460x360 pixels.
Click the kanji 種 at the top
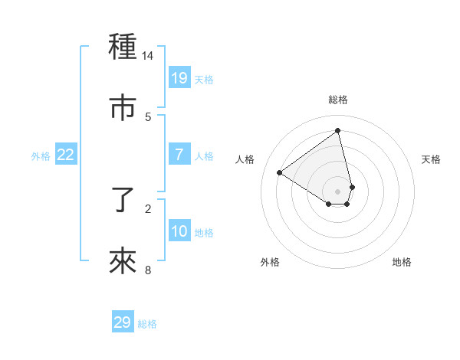click(123, 47)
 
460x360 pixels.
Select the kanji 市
click(123, 108)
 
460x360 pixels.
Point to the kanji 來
click(123, 261)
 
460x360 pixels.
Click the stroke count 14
click(148, 56)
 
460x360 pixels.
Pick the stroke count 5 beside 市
click(148, 116)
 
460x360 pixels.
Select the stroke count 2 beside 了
click(148, 208)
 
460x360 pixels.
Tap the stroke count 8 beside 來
click(148, 270)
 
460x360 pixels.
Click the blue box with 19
click(179, 77)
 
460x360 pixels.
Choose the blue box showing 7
click(179, 155)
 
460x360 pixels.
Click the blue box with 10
click(179, 231)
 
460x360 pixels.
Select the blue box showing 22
click(66, 155)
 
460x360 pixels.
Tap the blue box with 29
click(123, 322)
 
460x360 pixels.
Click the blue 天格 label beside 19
click(204, 79)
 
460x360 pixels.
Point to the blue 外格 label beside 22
click(41, 156)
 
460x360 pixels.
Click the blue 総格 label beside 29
click(147, 324)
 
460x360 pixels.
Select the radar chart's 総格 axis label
click(338, 100)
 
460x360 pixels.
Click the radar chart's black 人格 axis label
click(245, 159)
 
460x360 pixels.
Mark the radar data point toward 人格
click(279, 172)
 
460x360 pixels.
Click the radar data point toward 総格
click(338, 131)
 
